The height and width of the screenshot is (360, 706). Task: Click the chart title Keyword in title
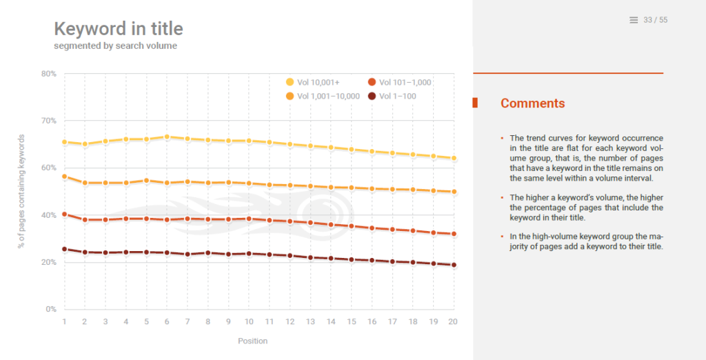click(x=119, y=29)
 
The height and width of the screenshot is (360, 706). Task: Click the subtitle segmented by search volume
click(x=116, y=46)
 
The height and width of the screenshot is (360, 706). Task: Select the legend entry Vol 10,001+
click(x=318, y=83)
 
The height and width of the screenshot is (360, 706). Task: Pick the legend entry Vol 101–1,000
click(x=405, y=83)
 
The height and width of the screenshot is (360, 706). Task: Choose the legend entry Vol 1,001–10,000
click(x=327, y=96)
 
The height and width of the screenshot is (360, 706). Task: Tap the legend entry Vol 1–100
click(x=397, y=96)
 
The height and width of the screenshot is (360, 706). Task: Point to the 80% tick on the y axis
click(x=48, y=74)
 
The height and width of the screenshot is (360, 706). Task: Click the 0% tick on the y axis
click(x=50, y=309)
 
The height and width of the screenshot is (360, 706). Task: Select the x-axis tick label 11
click(x=270, y=322)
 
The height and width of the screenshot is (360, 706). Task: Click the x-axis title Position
click(x=252, y=341)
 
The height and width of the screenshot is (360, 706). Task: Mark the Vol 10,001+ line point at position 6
click(x=168, y=137)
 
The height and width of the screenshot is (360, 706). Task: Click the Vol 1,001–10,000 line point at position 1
click(x=64, y=177)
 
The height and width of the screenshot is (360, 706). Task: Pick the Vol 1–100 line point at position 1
click(x=64, y=249)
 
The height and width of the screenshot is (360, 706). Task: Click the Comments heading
click(x=532, y=103)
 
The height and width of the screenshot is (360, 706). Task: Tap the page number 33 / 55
click(x=655, y=20)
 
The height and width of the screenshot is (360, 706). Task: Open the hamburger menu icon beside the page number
click(x=634, y=20)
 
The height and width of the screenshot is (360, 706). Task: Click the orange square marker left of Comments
click(x=475, y=103)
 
